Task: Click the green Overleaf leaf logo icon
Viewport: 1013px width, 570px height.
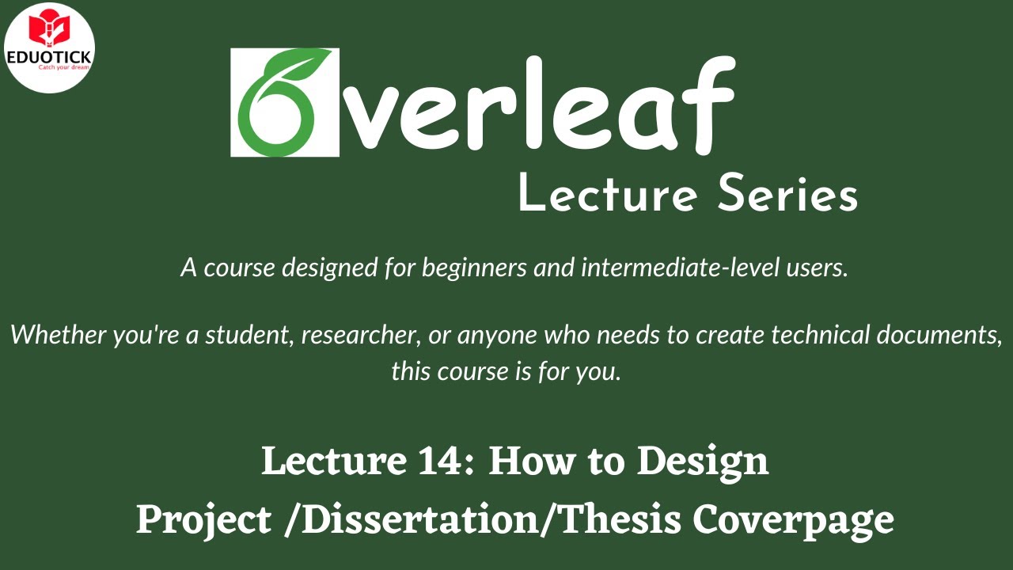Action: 285,103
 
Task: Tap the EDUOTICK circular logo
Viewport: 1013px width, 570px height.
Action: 49,47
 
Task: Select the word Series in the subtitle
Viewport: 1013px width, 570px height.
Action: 787,194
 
